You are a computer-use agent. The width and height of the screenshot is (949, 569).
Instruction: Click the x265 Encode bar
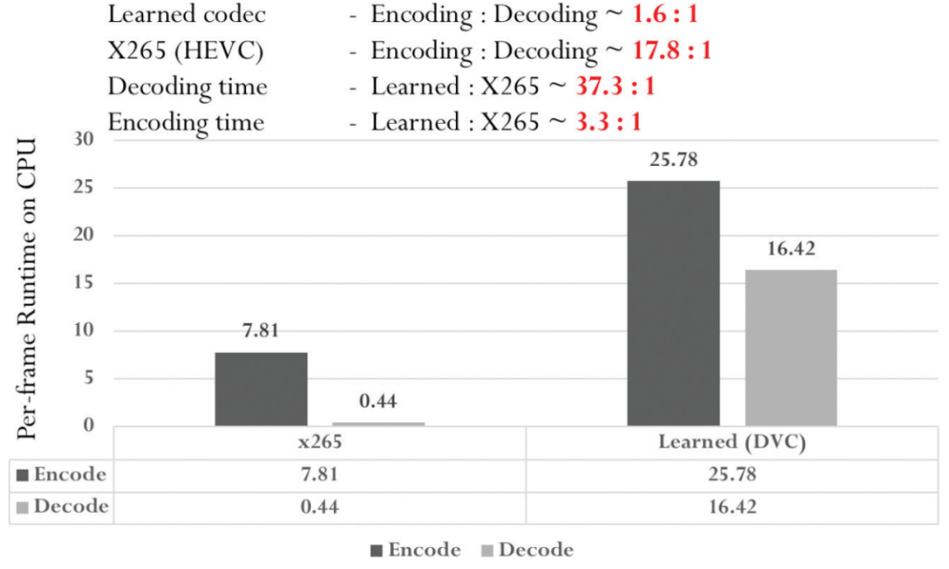pos(261,389)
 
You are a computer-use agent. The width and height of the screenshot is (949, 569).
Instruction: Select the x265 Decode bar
pos(378,424)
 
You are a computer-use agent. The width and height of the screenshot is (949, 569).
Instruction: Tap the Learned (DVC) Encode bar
pos(673,303)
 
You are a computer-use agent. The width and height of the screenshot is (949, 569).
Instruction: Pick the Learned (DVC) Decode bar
pos(791,348)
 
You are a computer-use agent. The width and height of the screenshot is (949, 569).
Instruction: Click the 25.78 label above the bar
pos(673,161)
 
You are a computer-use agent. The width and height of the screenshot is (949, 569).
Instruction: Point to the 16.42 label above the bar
pos(791,249)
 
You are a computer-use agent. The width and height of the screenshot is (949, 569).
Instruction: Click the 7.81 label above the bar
pos(261,333)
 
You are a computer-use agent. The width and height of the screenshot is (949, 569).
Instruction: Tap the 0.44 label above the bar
pos(378,402)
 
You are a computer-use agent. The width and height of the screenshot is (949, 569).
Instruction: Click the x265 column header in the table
pos(320,443)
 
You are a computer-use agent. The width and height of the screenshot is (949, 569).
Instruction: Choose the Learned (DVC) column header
pos(732,443)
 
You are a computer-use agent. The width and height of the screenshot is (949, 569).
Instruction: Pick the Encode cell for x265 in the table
pos(320,475)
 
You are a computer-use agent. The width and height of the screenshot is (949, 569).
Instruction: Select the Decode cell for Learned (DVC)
pos(732,507)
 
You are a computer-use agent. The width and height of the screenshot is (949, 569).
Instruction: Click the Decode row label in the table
pos(63,507)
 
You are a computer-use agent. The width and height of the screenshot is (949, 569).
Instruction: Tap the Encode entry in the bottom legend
pos(416,551)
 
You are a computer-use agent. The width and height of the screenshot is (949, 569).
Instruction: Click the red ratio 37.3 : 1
pos(615,87)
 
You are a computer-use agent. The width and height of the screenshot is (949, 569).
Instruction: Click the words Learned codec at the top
pos(186,14)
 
